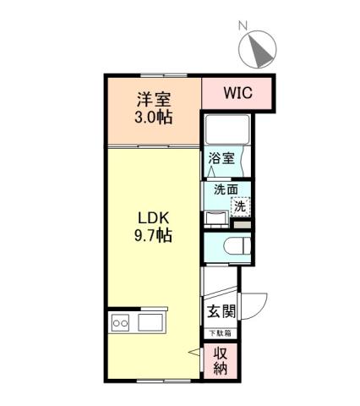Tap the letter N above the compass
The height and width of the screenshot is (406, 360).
pyautogui.click(x=242, y=26)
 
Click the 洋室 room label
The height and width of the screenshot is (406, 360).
pyautogui.click(x=153, y=97)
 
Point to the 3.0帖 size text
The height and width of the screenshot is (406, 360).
pyautogui.click(x=153, y=116)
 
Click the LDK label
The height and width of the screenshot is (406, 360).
pyautogui.click(x=153, y=217)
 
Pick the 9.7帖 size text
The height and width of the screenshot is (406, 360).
pyautogui.click(x=153, y=236)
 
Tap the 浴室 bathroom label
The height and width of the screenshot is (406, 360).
pyautogui.click(x=221, y=157)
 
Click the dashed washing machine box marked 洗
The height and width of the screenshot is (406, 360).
pyautogui.click(x=241, y=206)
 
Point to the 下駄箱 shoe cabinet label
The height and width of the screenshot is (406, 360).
pyautogui.click(x=221, y=332)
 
